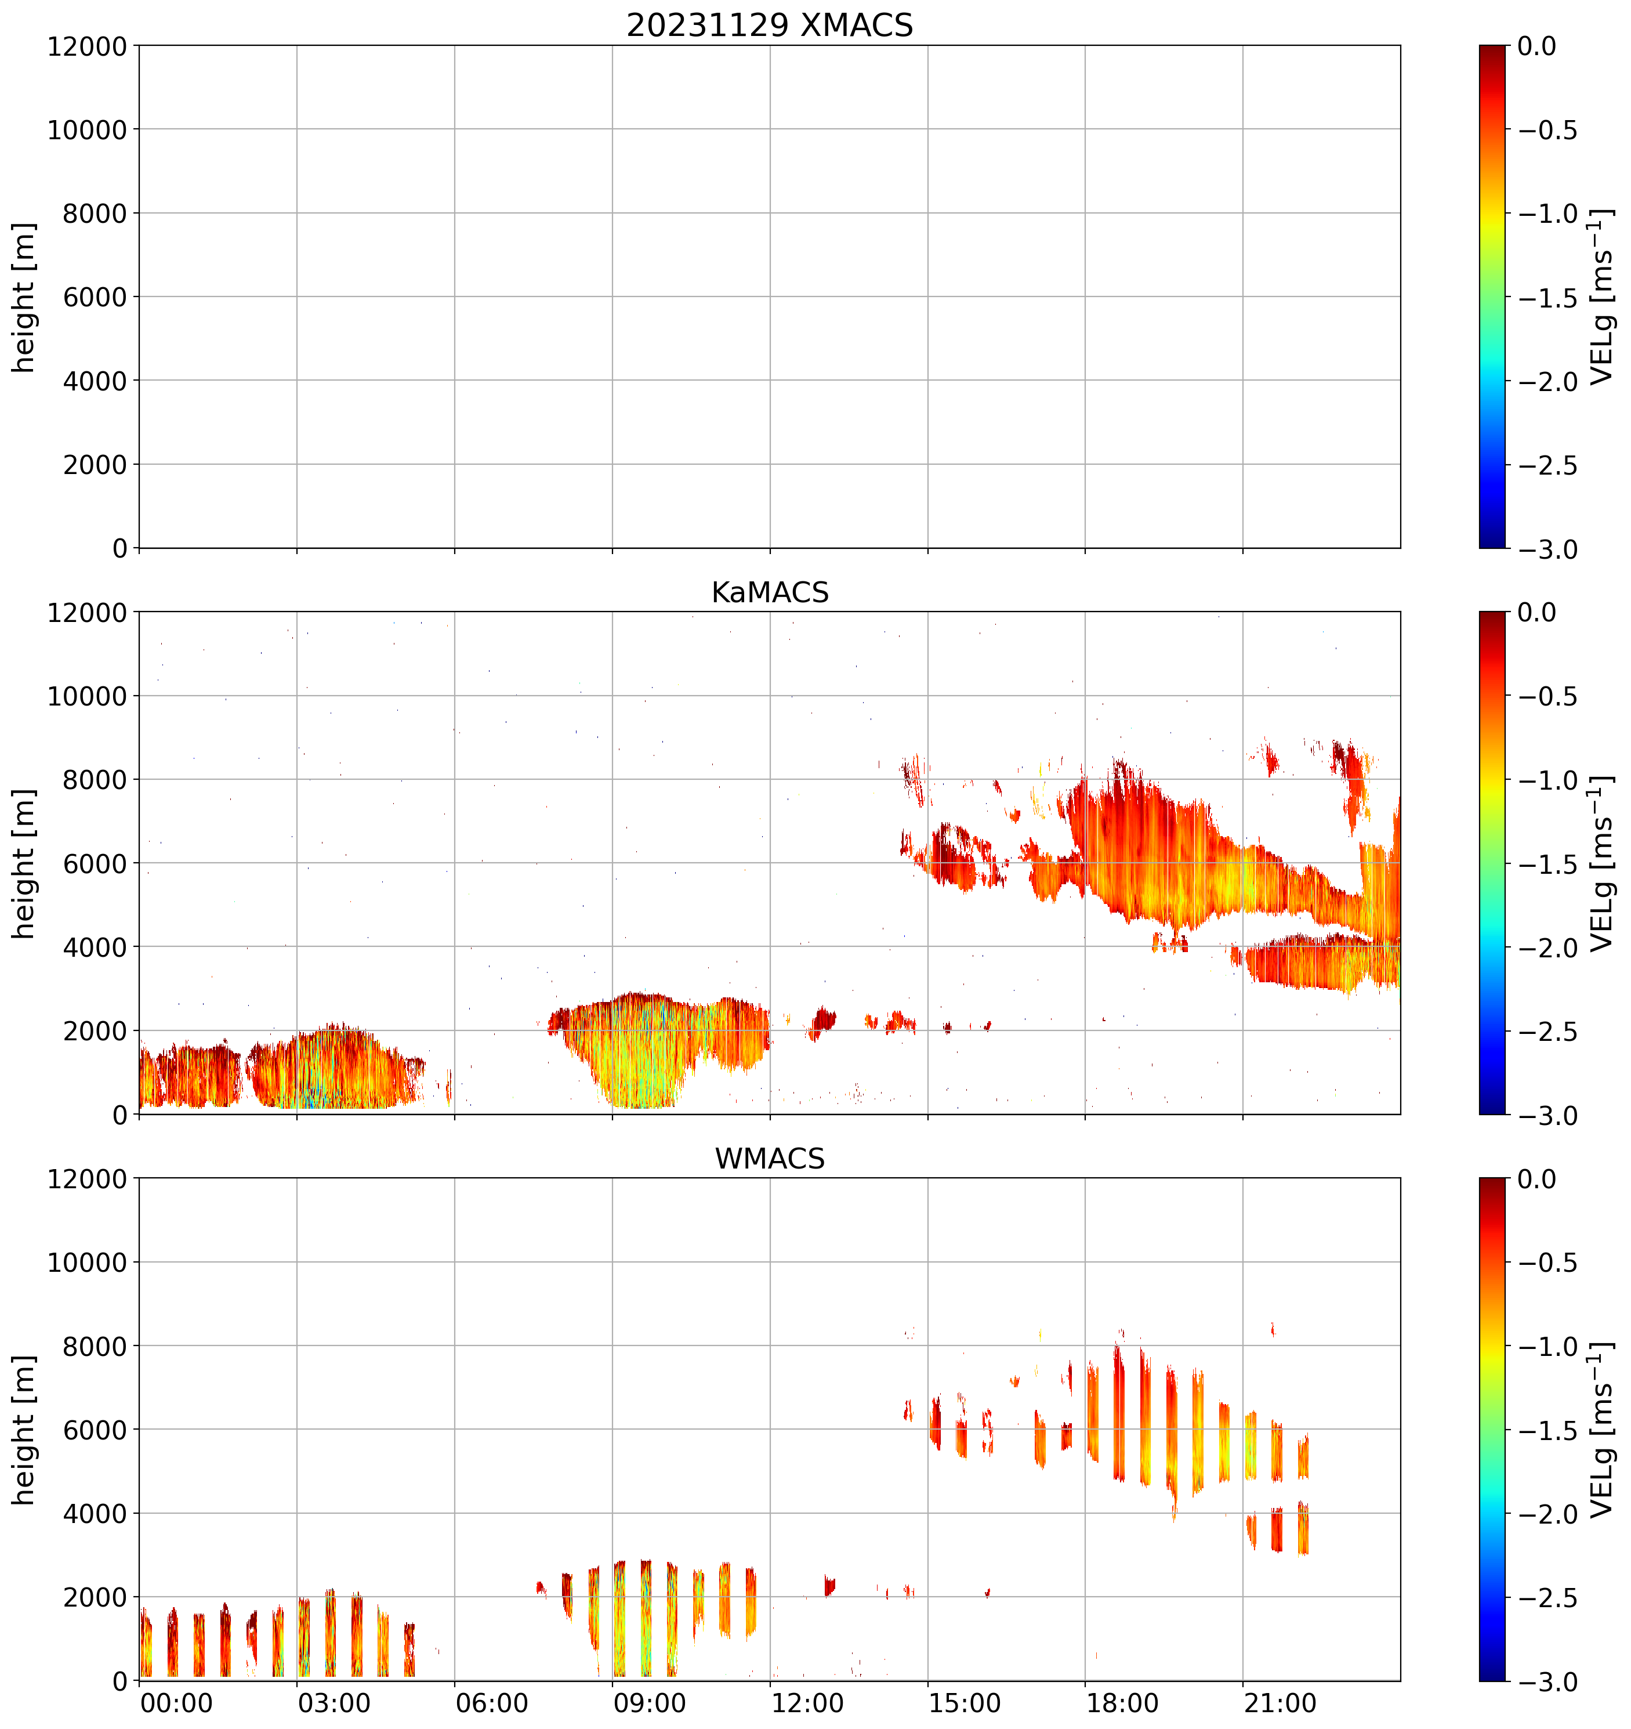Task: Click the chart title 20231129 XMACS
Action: click(x=770, y=25)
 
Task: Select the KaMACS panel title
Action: click(x=770, y=592)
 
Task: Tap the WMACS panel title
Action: click(x=770, y=1159)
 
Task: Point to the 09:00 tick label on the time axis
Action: click(x=650, y=1703)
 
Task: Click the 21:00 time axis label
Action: click(x=1280, y=1703)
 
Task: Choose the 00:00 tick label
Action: click(x=176, y=1703)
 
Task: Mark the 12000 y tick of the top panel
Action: click(x=87, y=46)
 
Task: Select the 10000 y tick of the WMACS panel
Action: click(x=87, y=1263)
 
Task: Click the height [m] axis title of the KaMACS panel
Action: click(x=24, y=864)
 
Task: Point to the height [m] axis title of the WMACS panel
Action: click(x=24, y=1430)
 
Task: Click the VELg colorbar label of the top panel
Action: click(x=1601, y=298)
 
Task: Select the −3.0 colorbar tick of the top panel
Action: click(x=1547, y=549)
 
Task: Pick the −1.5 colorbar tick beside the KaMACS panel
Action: click(x=1547, y=864)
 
